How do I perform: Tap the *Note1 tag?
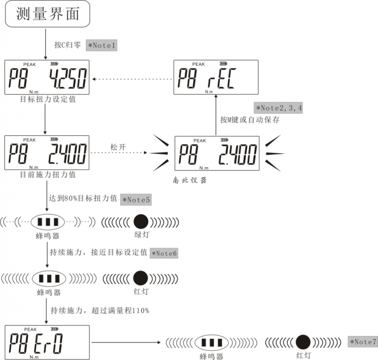101,45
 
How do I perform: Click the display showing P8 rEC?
216,77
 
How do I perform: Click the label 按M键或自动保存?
250,120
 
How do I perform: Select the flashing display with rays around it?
217,153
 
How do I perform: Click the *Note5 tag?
136,199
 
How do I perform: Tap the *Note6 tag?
164,254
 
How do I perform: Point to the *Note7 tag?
362,342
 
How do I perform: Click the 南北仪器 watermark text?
190,180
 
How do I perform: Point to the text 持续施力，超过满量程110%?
100,311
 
